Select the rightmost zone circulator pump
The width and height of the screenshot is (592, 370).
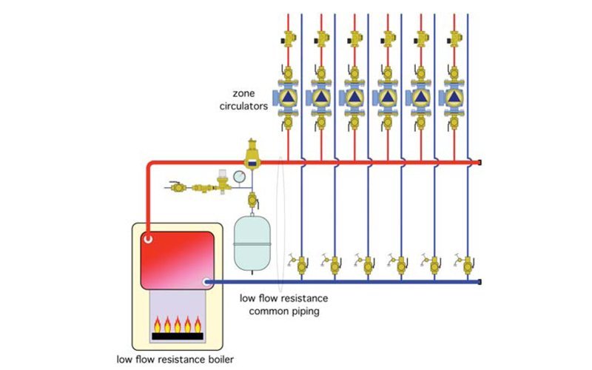click(x=451, y=96)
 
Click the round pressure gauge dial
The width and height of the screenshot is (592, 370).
click(x=239, y=177)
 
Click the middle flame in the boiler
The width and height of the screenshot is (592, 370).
click(x=178, y=323)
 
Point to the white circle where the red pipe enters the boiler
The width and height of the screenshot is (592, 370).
click(x=149, y=239)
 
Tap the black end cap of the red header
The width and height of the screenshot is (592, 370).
click(x=482, y=162)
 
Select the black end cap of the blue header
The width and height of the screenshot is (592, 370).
click(x=482, y=281)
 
